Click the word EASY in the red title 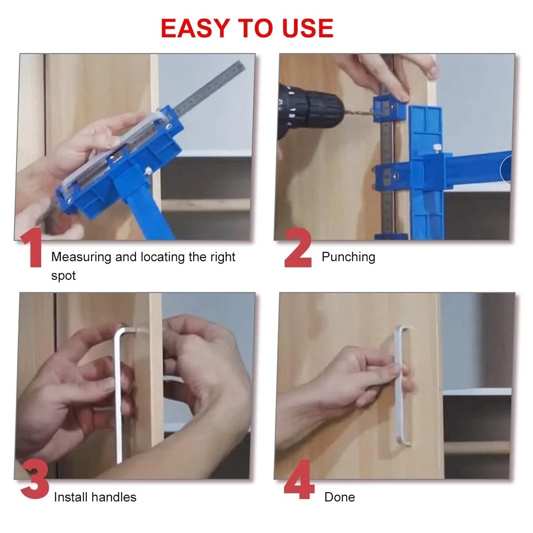(x=195, y=28)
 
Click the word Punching (x=348, y=257)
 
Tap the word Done (x=339, y=497)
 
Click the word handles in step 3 (x=114, y=497)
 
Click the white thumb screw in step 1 (x=148, y=171)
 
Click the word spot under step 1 (x=64, y=276)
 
